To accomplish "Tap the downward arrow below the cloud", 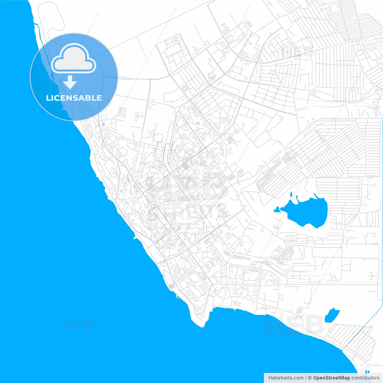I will point(70,82).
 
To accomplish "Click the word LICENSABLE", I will point(74,98).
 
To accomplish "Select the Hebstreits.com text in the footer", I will point(286,378).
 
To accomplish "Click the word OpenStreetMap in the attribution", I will point(331,378).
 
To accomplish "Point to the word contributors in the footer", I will point(365,378).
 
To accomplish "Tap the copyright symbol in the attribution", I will point(310,378).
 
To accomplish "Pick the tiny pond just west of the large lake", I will point(277,210).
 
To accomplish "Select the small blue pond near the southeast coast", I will point(332,316).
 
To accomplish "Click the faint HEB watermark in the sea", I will point(78,325).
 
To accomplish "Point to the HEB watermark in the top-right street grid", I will point(297,51).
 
